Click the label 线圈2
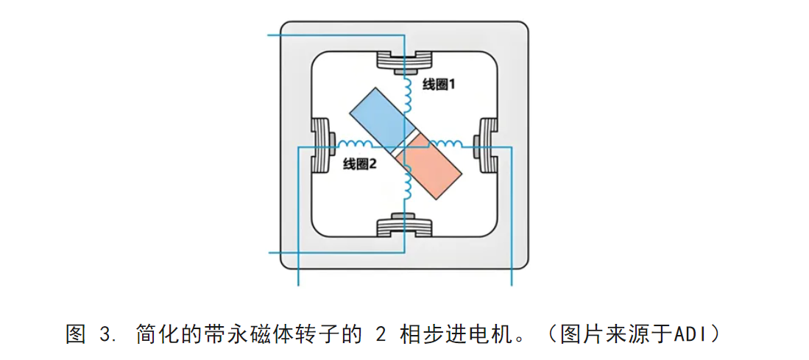360,164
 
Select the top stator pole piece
404,62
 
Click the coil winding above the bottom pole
406,184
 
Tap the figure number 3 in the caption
104,335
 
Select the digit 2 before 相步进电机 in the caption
381,335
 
